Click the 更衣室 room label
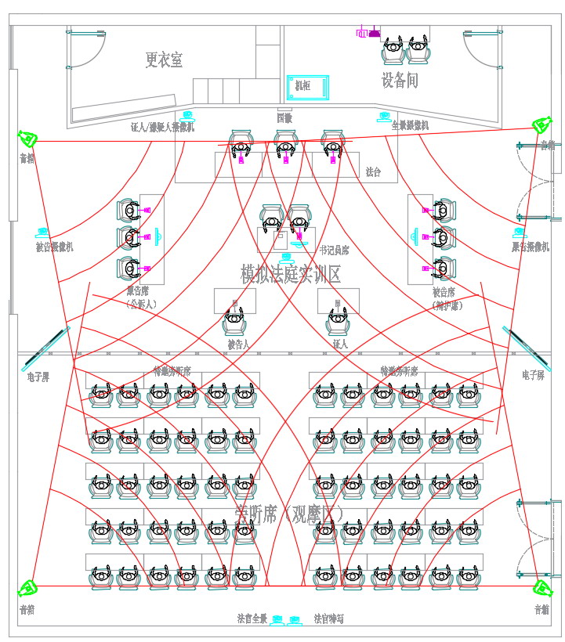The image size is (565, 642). tap(164, 60)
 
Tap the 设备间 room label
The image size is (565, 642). tap(400, 80)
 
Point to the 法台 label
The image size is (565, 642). tap(373, 171)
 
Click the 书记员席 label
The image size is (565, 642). tap(334, 251)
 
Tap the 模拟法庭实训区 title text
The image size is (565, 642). tap(291, 274)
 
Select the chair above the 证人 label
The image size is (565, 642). tap(338, 322)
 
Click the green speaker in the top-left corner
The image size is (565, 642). tap(28, 139)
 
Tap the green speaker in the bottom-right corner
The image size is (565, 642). tap(540, 588)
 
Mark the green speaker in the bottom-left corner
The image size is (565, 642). tap(28, 587)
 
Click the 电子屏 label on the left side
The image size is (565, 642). tap(38, 377)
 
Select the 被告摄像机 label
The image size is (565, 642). tap(55, 247)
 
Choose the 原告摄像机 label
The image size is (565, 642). tap(531, 247)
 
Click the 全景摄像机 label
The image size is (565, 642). tap(410, 125)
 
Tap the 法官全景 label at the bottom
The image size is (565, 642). tap(252, 619)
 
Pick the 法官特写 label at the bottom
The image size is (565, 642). tap(328, 619)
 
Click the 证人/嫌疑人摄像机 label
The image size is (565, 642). tap(162, 127)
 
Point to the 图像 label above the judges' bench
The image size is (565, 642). tap(284, 118)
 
